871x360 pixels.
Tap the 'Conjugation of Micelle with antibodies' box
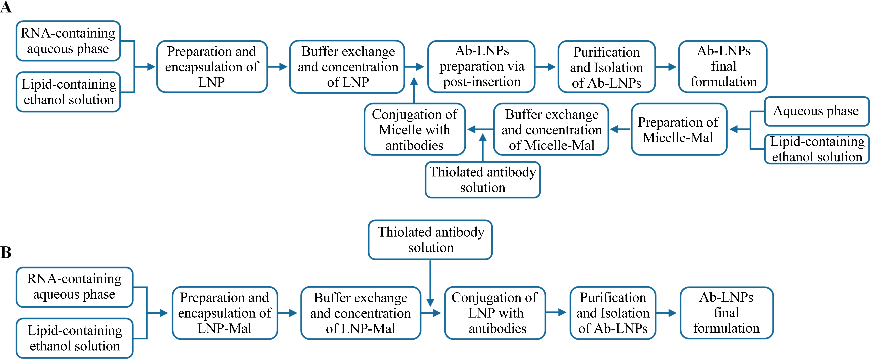[415, 129]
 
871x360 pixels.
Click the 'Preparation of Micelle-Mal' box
[679, 129]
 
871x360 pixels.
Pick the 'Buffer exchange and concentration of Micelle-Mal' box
[551, 129]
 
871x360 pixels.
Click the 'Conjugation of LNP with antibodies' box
[495, 313]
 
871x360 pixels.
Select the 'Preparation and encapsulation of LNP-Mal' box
[224, 313]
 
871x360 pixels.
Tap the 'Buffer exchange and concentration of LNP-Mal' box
[360, 313]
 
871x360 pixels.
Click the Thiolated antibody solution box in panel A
[483, 180]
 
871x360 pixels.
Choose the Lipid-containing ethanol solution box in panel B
[75, 338]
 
